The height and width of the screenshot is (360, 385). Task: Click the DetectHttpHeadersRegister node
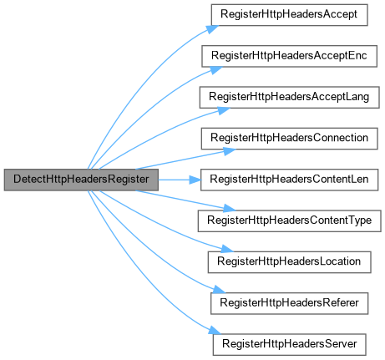81,180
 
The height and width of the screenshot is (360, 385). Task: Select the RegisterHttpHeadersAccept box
289,15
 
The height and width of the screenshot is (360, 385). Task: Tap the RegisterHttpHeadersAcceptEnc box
289,56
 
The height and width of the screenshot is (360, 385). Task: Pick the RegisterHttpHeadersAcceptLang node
289,98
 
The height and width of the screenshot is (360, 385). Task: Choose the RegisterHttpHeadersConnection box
289,139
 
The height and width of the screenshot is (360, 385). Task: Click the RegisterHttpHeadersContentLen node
289,180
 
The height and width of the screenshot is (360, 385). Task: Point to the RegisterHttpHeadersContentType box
289,221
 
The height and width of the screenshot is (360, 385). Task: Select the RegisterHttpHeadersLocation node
289,262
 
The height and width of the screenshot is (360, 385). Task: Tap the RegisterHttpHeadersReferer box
289,303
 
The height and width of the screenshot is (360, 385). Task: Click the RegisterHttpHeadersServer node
289,345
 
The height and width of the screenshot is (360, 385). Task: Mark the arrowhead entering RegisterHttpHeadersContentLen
195,180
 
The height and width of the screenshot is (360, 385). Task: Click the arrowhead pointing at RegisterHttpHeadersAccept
213,29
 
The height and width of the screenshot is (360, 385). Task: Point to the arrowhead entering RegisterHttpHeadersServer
215,331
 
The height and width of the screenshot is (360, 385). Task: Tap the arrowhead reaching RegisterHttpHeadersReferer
219,290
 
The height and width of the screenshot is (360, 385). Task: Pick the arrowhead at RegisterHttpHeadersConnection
230,151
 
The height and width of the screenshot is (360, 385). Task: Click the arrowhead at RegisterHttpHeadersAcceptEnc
216,70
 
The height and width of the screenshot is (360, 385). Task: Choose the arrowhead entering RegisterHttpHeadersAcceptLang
224,111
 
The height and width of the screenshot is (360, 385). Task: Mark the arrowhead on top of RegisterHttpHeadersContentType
230,208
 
